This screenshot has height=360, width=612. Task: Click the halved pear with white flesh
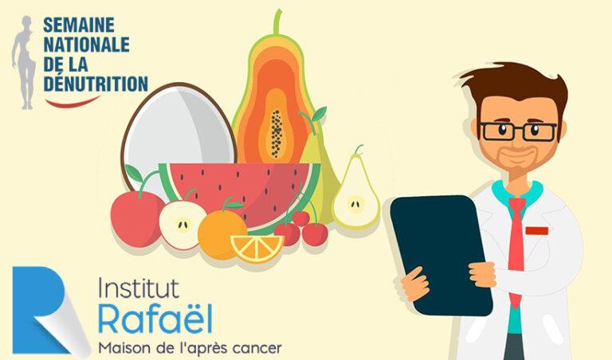(353, 195)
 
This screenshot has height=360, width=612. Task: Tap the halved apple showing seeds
(181, 224)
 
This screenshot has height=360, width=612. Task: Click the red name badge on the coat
(536, 230)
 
